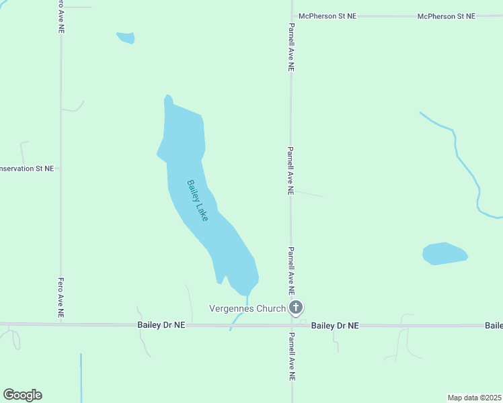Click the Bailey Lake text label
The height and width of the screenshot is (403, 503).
pyautogui.click(x=198, y=200)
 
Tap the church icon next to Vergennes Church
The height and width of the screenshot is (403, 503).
pyautogui.click(x=295, y=308)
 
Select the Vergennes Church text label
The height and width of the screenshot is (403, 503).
pyautogui.click(x=247, y=309)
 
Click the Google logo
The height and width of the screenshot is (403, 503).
pyautogui.click(x=22, y=395)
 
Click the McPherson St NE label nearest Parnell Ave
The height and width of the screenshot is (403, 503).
pyautogui.click(x=327, y=16)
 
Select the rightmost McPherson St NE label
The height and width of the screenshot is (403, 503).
pyautogui.click(x=446, y=16)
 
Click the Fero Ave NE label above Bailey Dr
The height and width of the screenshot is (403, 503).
pyautogui.click(x=61, y=297)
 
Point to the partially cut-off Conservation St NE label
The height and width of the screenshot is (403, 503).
pyautogui.click(x=27, y=169)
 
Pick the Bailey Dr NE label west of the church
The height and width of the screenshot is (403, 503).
pyautogui.click(x=161, y=325)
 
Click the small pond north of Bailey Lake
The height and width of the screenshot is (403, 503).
pyautogui.click(x=126, y=38)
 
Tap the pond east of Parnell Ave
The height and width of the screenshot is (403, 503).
pyautogui.click(x=444, y=254)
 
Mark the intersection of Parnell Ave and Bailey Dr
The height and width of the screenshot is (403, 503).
pyautogui.click(x=291, y=326)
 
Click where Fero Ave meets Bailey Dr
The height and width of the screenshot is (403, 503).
pyautogui.click(x=61, y=324)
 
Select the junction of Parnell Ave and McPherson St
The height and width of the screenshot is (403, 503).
pyautogui.click(x=291, y=15)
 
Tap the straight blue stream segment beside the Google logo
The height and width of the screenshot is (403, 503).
pyautogui.click(x=81, y=376)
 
